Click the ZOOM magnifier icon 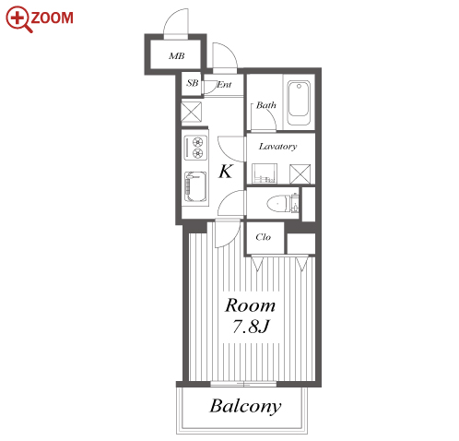18,19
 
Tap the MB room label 177,56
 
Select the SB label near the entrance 193,83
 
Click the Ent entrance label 224,85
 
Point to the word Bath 266,105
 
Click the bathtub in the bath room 299,102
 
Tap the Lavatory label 277,147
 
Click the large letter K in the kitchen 226,172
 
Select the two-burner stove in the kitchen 195,148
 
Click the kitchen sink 195,186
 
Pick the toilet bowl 278,204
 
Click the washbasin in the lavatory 265,173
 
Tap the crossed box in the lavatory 300,174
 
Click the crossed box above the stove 192,112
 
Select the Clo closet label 264,237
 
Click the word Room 250,305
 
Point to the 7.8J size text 251,327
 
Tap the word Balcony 245,407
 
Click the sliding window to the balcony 243,384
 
